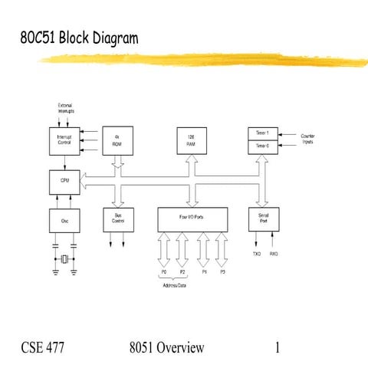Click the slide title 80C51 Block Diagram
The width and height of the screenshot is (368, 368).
74,36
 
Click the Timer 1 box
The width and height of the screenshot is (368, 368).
261,133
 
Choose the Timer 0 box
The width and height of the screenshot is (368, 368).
261,145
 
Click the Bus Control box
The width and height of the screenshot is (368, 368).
117,219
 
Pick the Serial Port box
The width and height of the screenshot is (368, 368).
262,219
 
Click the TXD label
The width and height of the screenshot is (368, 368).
257,253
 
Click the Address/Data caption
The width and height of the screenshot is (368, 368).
174,284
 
